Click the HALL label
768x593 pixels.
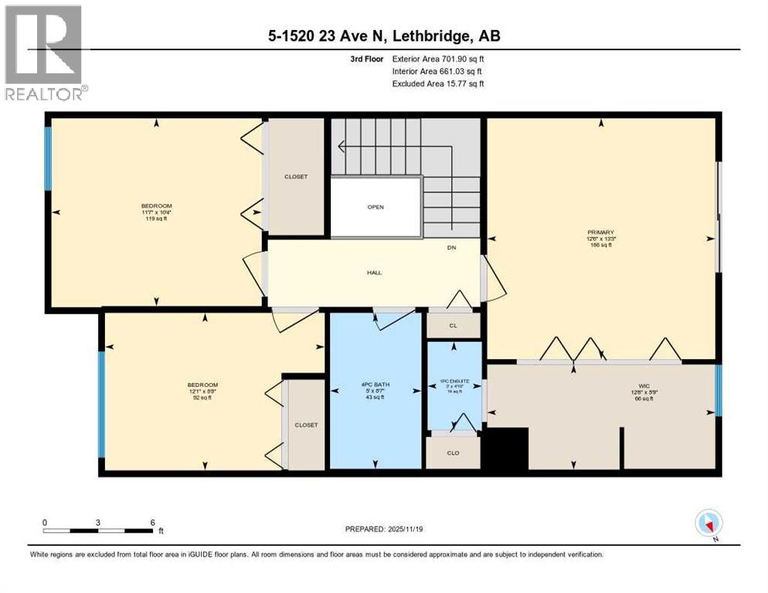(375, 273)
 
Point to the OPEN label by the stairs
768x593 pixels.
(376, 207)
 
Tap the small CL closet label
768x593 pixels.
(453, 326)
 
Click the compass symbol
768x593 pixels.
(708, 524)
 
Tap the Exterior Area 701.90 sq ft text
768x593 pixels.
(437, 59)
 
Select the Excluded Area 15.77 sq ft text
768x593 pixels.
(437, 83)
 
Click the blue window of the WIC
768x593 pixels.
(719, 385)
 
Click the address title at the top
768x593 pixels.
(384, 36)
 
